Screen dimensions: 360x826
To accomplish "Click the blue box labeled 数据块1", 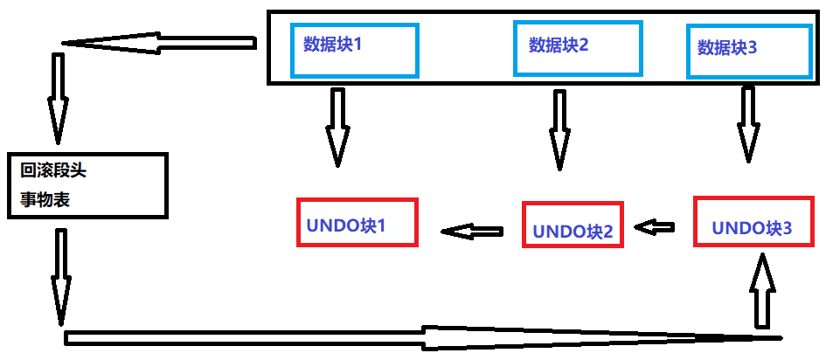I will coord(354,50).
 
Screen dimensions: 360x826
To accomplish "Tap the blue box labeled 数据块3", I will coord(736,51).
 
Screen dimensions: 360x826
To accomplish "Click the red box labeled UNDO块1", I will coord(357,223).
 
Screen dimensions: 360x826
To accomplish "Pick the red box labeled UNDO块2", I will coord(573,225).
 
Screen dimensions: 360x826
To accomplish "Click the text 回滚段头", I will coord(54,170).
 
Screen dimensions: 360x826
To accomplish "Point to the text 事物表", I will coord(45,199).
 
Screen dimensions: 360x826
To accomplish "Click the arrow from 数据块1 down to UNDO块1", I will coord(336,127).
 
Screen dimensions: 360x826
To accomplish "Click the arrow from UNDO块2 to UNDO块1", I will coord(472,232).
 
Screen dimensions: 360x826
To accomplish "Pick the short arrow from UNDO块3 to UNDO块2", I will coord(656,227).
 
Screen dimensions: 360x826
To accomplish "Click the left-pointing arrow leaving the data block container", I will coord(157,42).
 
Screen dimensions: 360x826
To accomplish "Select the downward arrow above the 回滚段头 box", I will coord(58,97).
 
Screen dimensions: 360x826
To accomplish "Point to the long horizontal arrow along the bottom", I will coord(420,337).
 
